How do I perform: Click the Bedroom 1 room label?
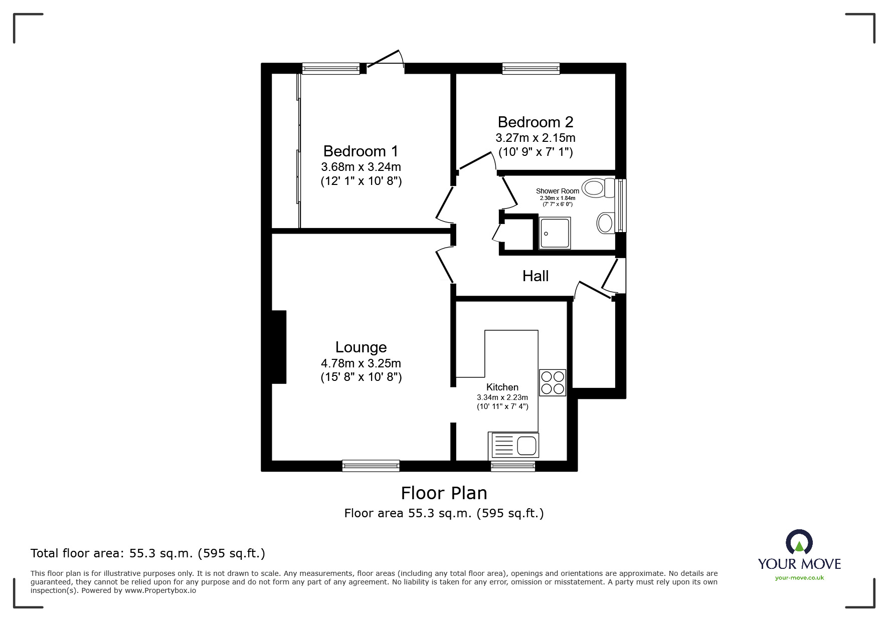[x=361, y=151]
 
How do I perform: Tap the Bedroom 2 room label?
[x=536, y=122]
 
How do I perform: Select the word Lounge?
[x=361, y=347]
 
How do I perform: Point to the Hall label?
[x=536, y=276]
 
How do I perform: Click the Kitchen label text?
[x=502, y=387]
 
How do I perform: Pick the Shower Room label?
[x=558, y=191]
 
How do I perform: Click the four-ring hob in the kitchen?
[x=553, y=382]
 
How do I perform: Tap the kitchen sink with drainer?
[x=513, y=445]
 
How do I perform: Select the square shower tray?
[x=555, y=233]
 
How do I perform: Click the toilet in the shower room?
[x=600, y=188]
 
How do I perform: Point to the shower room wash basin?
[x=606, y=223]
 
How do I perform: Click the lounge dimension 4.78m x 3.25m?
[x=361, y=363]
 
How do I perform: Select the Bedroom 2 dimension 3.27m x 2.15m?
[x=536, y=137]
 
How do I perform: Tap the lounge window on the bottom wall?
[x=371, y=466]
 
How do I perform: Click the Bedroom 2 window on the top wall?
[x=531, y=69]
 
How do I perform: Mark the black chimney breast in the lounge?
[x=279, y=347]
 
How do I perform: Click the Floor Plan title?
[x=444, y=493]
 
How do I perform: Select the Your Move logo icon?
[x=799, y=543]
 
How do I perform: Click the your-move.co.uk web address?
[x=799, y=578]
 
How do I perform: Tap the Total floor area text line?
[x=148, y=553]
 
